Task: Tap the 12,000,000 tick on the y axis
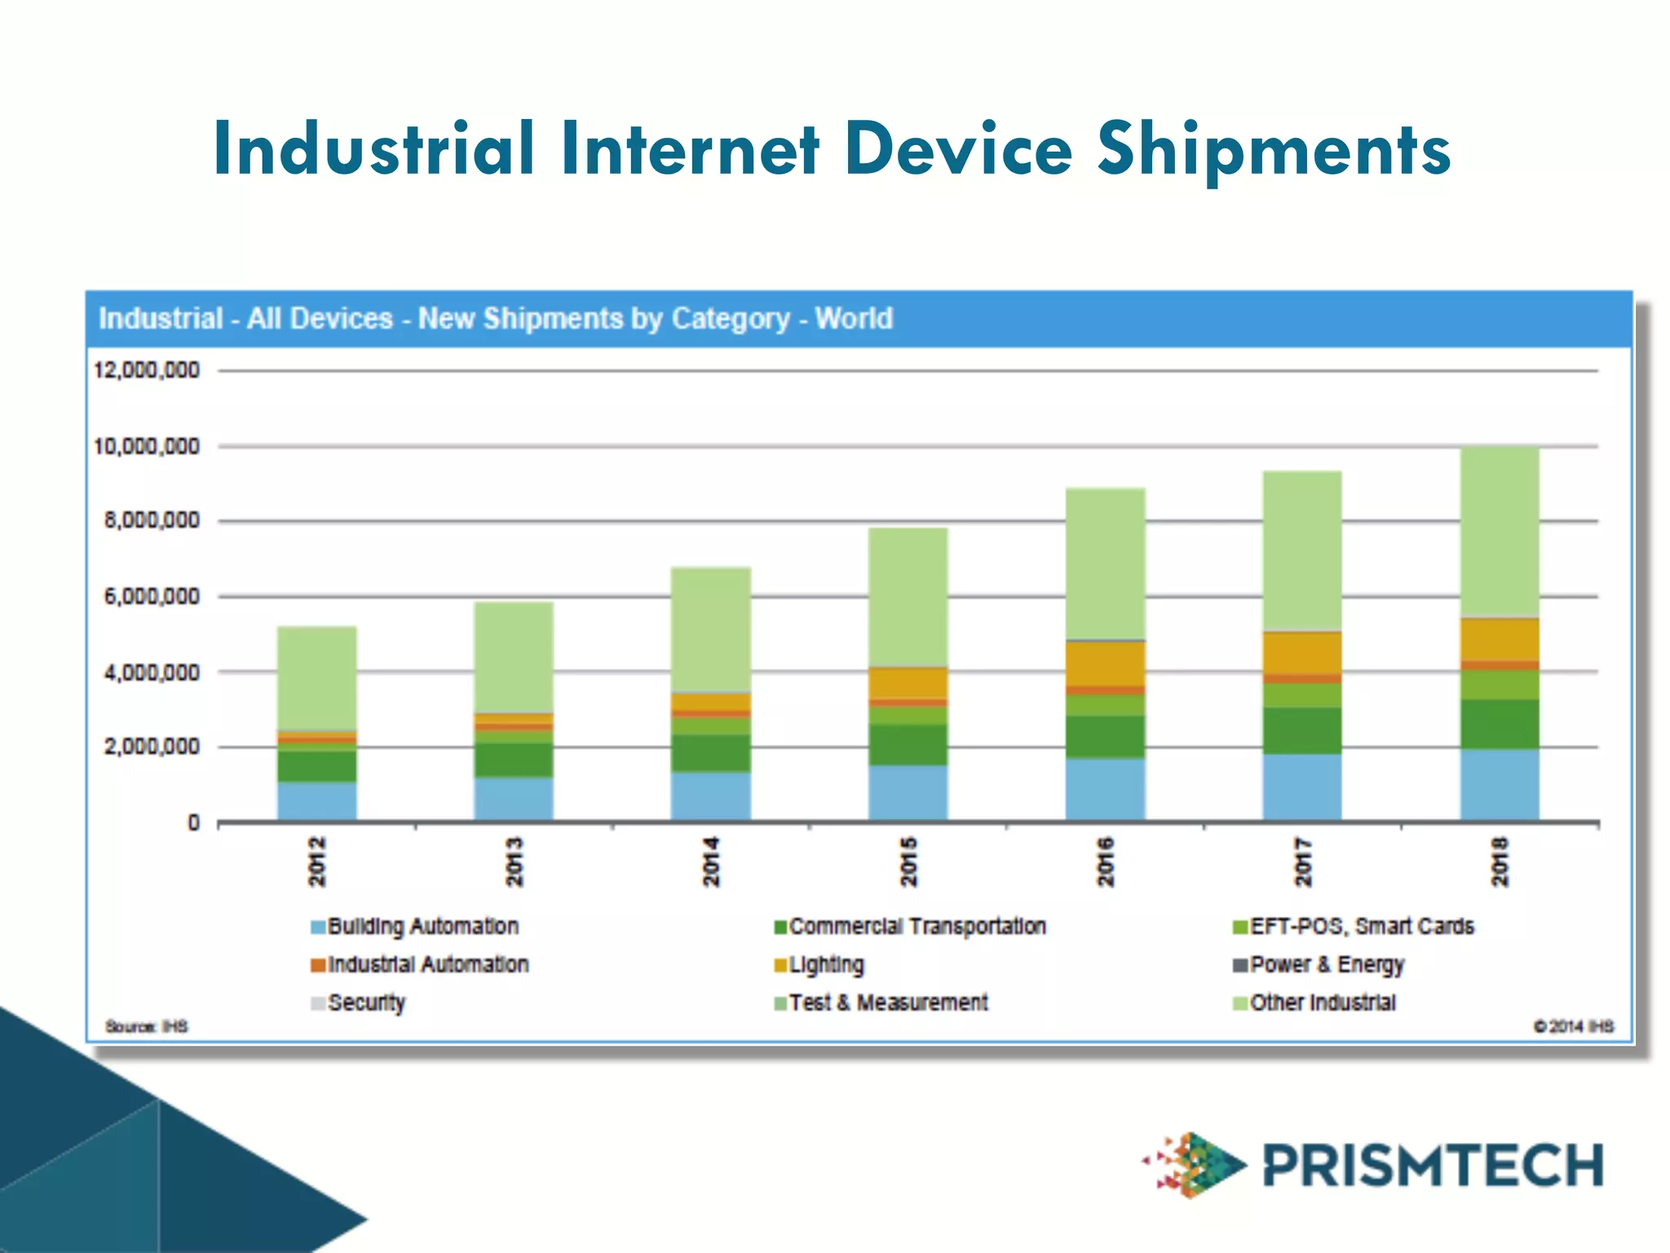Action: (x=147, y=370)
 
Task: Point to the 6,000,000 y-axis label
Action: (x=152, y=596)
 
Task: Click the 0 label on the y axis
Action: (x=193, y=822)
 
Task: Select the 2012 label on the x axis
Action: (x=316, y=861)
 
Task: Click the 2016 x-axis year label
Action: (x=1105, y=861)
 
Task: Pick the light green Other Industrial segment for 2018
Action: (x=1500, y=530)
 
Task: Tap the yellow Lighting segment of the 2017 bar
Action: (x=1302, y=653)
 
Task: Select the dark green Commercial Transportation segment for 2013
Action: (x=514, y=760)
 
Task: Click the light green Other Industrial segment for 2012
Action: (x=316, y=677)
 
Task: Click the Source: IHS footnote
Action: (x=147, y=1026)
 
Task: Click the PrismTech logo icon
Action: (x=1195, y=1164)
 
